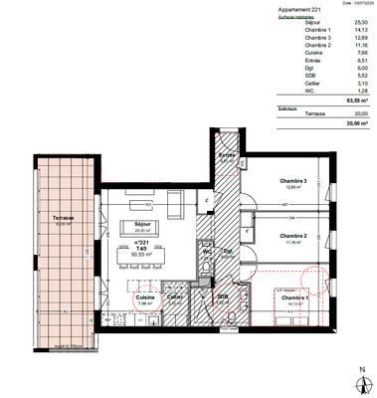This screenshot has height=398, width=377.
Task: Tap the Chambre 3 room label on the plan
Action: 292,180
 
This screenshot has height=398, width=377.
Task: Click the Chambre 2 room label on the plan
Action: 292,235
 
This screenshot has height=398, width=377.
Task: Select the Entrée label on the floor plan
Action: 227,155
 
